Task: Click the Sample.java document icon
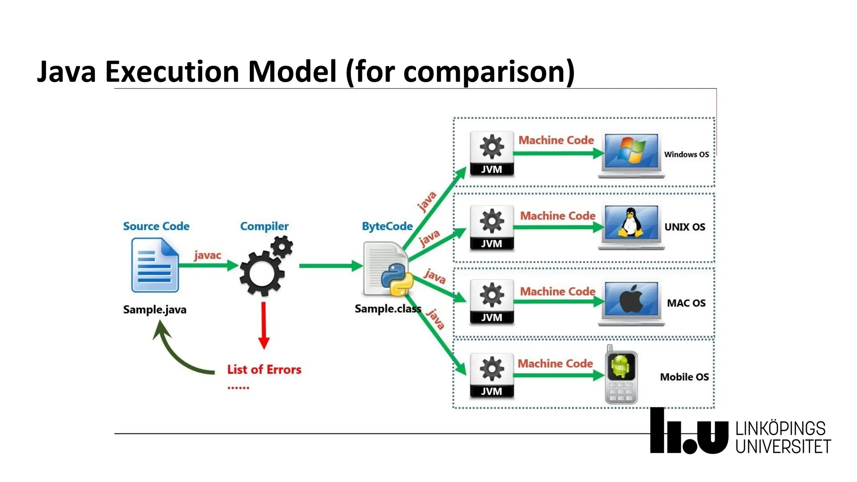tap(155, 265)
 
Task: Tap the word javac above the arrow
tap(207, 255)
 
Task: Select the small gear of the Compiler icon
tap(282, 246)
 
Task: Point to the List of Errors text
tap(264, 369)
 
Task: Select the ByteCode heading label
tap(387, 226)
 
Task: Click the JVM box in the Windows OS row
tap(491, 154)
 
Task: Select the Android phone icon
tap(621, 375)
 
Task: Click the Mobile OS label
tap(684, 377)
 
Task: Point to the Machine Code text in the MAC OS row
tap(557, 291)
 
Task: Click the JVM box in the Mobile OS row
tap(491, 376)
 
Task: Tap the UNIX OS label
tap(685, 227)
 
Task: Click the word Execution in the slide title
tap(172, 71)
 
